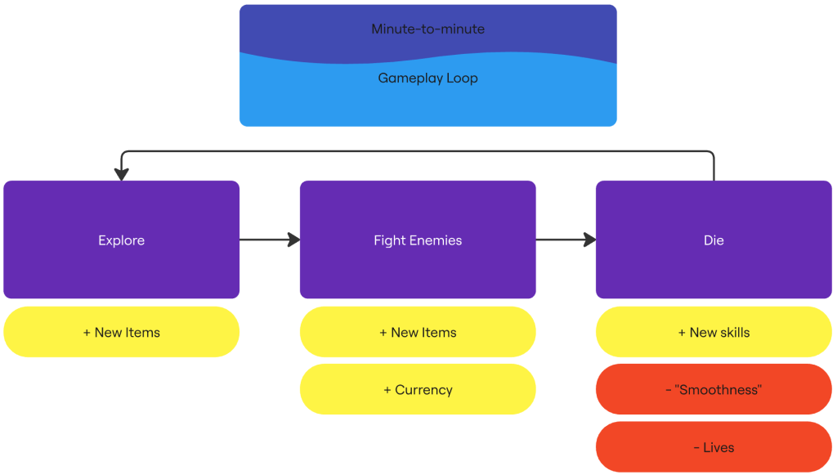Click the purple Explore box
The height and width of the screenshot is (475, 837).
121,240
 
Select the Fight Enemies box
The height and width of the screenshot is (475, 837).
418,240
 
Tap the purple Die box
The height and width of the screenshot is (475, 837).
714,240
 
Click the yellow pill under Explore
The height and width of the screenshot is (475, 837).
121,332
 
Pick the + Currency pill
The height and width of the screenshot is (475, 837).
418,390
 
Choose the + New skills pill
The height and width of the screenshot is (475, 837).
714,332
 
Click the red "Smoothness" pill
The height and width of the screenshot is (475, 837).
714,390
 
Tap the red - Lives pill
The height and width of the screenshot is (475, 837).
714,447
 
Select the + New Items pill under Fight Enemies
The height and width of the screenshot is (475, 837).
418,332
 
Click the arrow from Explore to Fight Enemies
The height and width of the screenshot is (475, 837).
270,240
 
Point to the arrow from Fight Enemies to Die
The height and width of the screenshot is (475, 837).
566,240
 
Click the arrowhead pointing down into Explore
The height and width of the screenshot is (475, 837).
122,174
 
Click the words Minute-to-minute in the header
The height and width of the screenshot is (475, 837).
428,29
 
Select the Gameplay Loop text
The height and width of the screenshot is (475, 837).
428,78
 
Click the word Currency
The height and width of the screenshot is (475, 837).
424,390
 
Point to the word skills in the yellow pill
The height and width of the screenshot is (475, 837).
735,333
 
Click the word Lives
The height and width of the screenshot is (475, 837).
718,447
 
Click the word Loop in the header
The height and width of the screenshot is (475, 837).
463,78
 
